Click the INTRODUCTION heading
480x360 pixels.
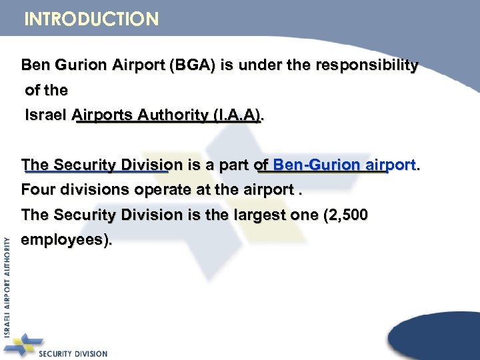91,19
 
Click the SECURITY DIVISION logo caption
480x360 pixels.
73,353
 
